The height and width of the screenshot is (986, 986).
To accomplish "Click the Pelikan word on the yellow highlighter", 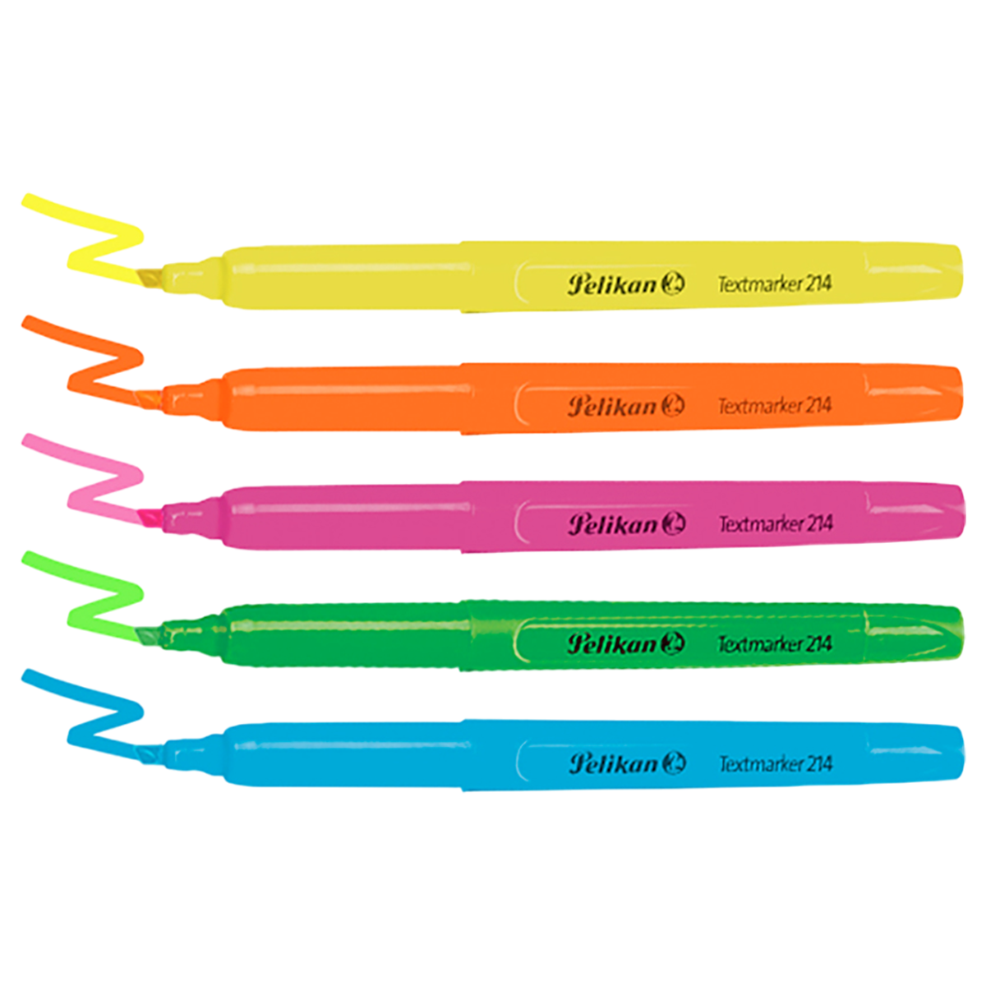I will (x=612, y=284).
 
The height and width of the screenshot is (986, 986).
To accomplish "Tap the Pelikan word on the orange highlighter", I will (x=612, y=405).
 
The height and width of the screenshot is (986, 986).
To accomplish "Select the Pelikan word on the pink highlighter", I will (x=612, y=524).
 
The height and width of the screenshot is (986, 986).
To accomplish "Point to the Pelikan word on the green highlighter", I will (x=612, y=643).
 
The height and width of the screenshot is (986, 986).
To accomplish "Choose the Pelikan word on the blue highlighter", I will (x=612, y=763).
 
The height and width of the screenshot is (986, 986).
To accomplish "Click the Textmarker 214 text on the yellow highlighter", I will (x=775, y=284).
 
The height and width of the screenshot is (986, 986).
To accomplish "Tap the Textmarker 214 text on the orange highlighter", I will (x=775, y=405).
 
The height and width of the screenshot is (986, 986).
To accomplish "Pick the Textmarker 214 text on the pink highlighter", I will (x=775, y=524).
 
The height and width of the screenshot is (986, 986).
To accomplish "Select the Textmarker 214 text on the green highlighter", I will (x=775, y=643).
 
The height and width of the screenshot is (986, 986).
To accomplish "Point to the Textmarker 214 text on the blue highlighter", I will (x=775, y=763).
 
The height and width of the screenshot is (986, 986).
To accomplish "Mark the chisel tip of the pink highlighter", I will (x=153, y=516).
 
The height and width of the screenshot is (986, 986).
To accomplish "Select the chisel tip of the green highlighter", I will (x=153, y=635).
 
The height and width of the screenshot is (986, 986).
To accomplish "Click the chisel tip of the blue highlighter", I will (x=153, y=754).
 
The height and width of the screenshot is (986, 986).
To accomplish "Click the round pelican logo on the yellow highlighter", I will (x=673, y=284).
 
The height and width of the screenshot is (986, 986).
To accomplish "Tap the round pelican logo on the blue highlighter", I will (x=673, y=763).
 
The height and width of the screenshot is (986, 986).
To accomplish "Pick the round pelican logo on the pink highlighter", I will (x=673, y=524).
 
